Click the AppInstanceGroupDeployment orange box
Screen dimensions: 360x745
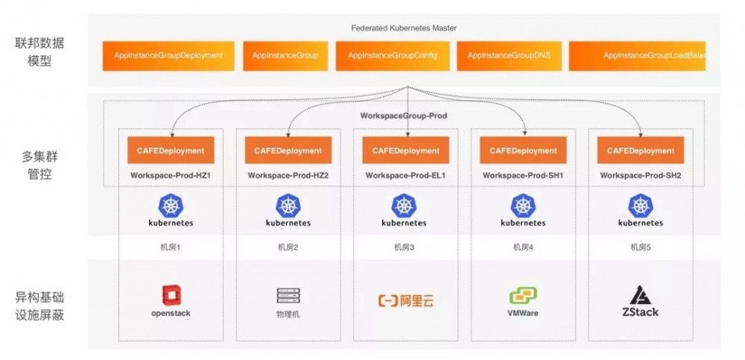coord(168,56)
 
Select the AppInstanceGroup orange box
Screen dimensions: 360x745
coord(285,56)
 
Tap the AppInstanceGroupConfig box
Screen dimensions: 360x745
coord(393,56)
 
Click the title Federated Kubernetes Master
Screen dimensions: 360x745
coord(404,28)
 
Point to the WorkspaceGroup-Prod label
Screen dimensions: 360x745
coord(404,116)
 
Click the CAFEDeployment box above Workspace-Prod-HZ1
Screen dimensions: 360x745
coord(171,151)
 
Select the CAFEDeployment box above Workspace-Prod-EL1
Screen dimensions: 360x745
coord(404,151)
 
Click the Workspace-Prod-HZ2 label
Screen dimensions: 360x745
coord(288,176)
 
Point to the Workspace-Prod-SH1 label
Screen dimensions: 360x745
coord(523,176)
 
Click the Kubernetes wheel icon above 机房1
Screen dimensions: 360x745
coord(171,205)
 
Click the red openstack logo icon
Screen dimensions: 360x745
coord(171,296)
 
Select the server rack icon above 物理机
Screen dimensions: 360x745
coord(288,296)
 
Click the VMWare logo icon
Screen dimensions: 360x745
coord(523,295)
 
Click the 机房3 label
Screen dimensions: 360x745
coord(404,247)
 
